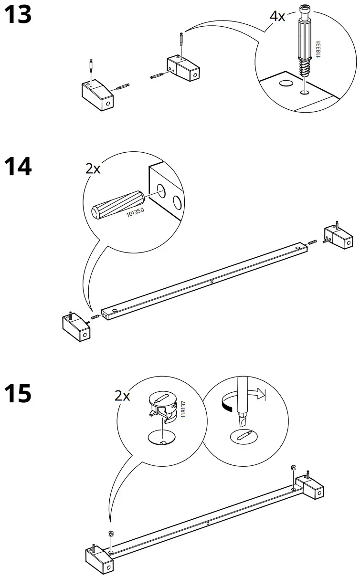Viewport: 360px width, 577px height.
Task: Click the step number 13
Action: tap(18, 15)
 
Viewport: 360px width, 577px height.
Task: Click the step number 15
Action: tap(18, 395)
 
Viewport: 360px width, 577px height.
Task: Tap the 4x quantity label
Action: tap(277, 16)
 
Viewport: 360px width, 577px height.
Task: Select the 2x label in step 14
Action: tap(93, 168)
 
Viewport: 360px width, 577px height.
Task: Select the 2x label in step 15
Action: tap(122, 396)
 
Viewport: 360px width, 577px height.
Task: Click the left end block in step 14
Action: tap(76, 328)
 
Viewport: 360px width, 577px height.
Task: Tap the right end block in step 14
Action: tap(337, 237)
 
